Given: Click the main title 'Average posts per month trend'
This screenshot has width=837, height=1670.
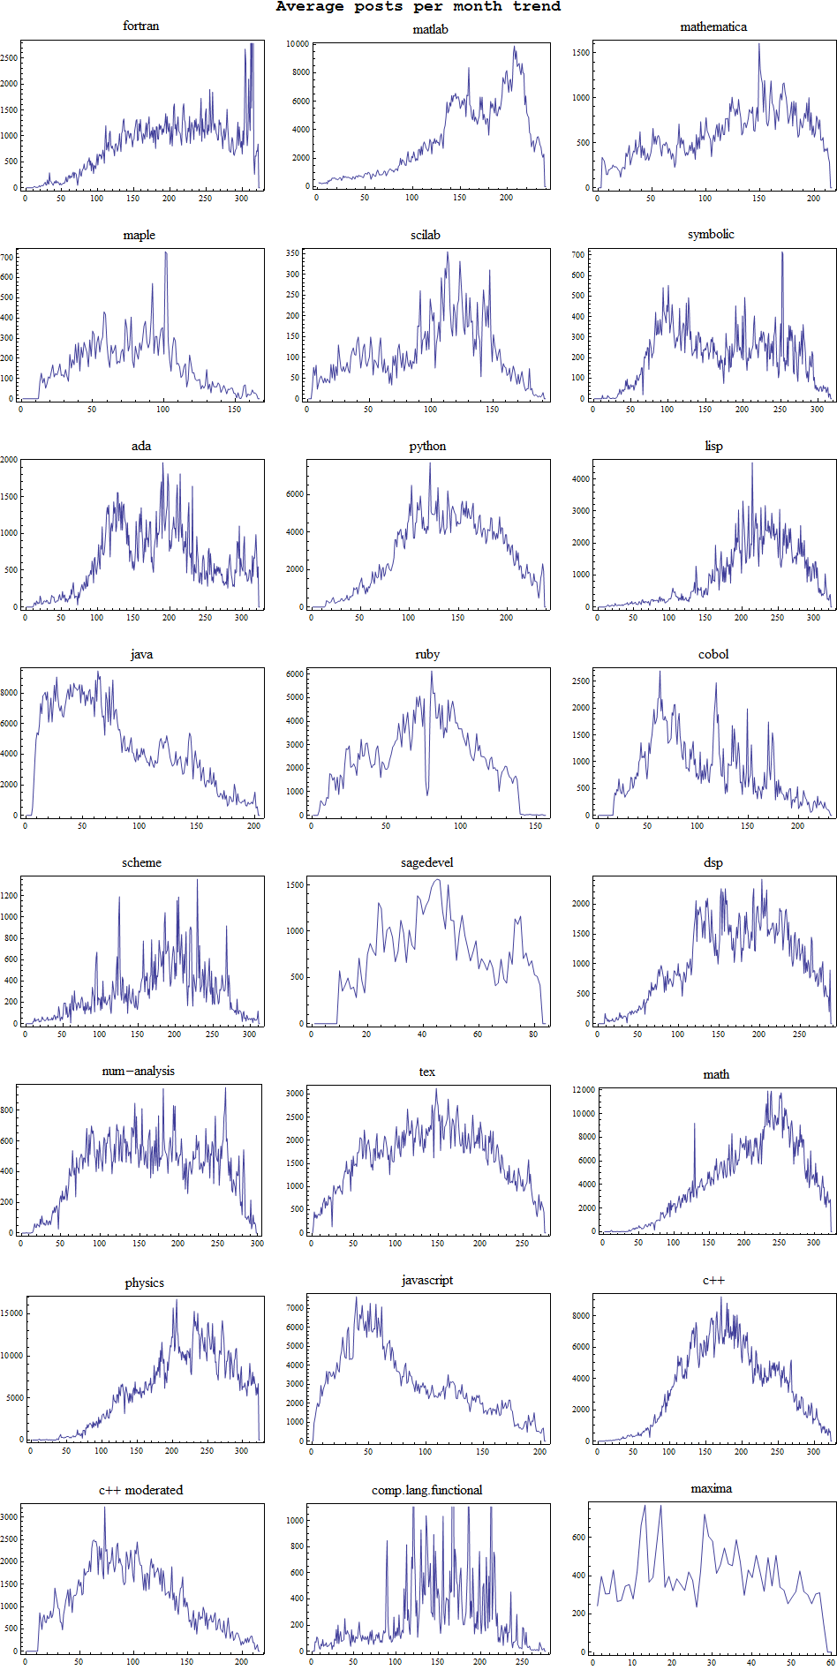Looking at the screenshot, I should coord(418,7).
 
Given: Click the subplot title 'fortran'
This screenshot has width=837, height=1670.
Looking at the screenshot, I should coord(141,26).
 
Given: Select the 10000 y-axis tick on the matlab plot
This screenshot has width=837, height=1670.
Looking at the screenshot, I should coord(298,43).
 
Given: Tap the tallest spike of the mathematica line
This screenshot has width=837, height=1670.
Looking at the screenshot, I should coord(758,45).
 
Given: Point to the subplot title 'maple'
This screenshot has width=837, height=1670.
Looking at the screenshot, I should coord(139,235).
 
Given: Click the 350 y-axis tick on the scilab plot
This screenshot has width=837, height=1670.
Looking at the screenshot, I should coord(292,253).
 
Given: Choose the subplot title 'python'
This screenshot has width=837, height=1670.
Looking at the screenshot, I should coord(427,446).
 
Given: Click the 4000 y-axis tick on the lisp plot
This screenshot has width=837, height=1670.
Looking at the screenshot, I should coord(580,478).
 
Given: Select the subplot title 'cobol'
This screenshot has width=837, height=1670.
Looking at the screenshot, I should coord(713,654).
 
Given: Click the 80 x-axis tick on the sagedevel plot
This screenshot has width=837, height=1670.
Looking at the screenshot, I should coord(533,1034).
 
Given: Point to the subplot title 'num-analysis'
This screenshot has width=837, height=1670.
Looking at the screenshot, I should coord(139,1071).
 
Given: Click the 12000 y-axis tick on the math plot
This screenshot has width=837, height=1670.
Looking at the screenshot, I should coord(584,1090).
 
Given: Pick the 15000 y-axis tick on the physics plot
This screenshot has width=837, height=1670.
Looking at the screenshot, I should coord(11,1313).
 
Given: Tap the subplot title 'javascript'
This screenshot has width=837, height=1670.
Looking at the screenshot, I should coord(427,1280).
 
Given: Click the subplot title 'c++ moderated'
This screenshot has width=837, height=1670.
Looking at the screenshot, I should coord(140,1490).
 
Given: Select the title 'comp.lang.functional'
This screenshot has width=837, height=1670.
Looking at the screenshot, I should coord(427,1490).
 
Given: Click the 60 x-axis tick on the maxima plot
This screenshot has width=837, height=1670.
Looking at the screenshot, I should coord(831,1662).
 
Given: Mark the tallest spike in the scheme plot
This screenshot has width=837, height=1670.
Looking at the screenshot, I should coord(197,881).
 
